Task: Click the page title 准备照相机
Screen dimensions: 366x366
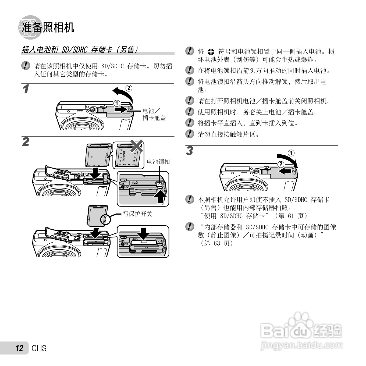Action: pyautogui.click(x=48, y=27)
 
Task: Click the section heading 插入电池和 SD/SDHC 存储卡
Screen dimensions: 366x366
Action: pyautogui.click(x=80, y=50)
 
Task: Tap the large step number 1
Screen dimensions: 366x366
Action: pyautogui.click(x=26, y=89)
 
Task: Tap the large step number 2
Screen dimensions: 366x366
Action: pyautogui.click(x=26, y=142)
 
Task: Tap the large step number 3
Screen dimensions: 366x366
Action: pyautogui.click(x=190, y=151)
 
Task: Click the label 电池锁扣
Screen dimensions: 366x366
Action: pyautogui.click(x=158, y=161)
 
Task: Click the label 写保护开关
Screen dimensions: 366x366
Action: pyautogui.click(x=137, y=214)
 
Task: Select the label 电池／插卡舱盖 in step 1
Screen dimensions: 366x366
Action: pyautogui.click(x=154, y=114)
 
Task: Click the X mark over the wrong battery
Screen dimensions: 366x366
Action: pyautogui.click(x=137, y=146)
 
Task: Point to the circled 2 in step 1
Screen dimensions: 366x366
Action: pyautogui.click(x=129, y=88)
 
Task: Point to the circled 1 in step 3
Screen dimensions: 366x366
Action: pyautogui.click(x=291, y=153)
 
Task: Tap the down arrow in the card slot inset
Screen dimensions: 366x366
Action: pyautogui.click(x=144, y=233)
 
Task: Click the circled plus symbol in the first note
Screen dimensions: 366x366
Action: pyautogui.click(x=211, y=52)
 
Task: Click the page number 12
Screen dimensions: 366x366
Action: pyautogui.click(x=19, y=348)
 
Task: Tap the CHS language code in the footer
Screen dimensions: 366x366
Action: pyautogui.click(x=39, y=348)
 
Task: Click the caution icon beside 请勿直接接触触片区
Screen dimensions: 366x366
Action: pyautogui.click(x=190, y=134)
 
